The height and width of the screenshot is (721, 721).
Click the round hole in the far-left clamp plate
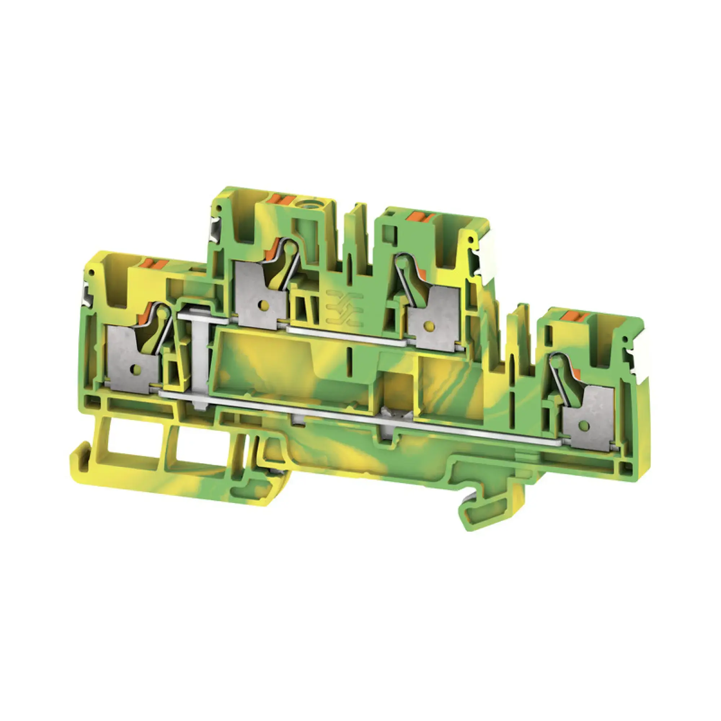[x=133, y=369]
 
